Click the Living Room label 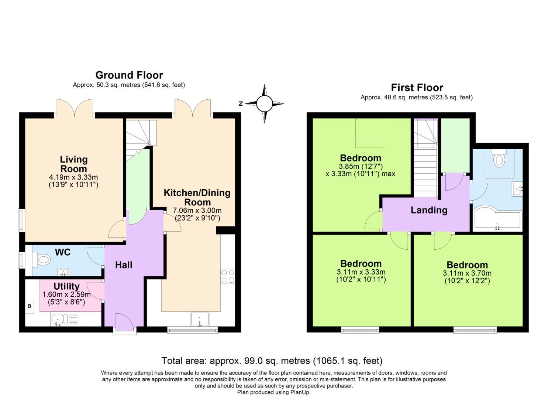(x=74, y=164)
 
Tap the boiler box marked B (x=30, y=306)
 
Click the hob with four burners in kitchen (x=228, y=276)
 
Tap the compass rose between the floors (x=264, y=103)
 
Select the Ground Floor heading (x=129, y=75)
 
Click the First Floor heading (x=417, y=88)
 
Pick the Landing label (x=429, y=210)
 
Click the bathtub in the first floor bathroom (x=497, y=221)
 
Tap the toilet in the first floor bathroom (x=499, y=158)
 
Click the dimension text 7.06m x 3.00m (x=197, y=211)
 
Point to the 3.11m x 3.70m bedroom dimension (x=467, y=273)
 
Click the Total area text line (x=272, y=361)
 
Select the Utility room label (x=66, y=286)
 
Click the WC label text (x=62, y=252)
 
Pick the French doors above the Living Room (x=74, y=108)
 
